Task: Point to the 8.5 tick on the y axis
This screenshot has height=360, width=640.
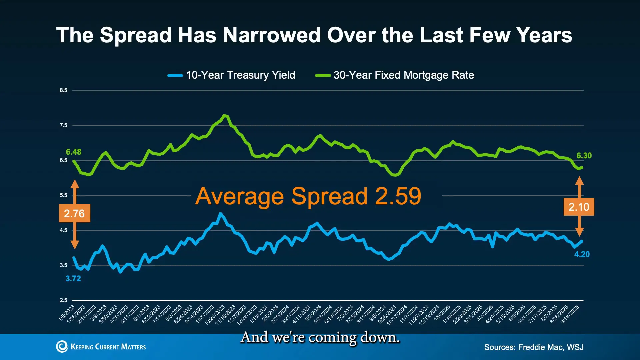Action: tap(63, 90)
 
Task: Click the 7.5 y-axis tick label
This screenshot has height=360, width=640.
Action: tap(63, 125)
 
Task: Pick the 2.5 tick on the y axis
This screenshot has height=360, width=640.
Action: tap(63, 300)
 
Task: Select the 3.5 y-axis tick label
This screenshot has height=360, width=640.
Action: tap(63, 265)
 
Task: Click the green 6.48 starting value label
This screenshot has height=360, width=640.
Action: tap(73, 152)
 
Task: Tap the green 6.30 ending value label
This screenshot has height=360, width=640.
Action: tap(584, 156)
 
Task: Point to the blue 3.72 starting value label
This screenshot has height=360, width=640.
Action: tap(73, 279)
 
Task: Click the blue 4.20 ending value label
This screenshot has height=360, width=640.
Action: tap(582, 254)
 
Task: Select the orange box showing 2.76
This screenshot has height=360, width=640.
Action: tap(74, 213)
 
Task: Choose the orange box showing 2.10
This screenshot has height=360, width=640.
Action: tap(579, 207)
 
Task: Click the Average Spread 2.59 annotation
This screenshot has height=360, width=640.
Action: tap(308, 196)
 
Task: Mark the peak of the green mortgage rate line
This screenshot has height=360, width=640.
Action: tap(225, 115)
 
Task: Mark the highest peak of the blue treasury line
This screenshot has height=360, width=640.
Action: tap(220, 213)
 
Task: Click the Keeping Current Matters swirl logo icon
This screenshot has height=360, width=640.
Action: tap(62, 347)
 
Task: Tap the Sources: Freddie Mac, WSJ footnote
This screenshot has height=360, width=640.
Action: tap(534, 347)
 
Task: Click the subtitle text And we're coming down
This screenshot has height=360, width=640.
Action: tap(320, 337)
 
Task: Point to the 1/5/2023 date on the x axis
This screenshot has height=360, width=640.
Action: tap(67, 313)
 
